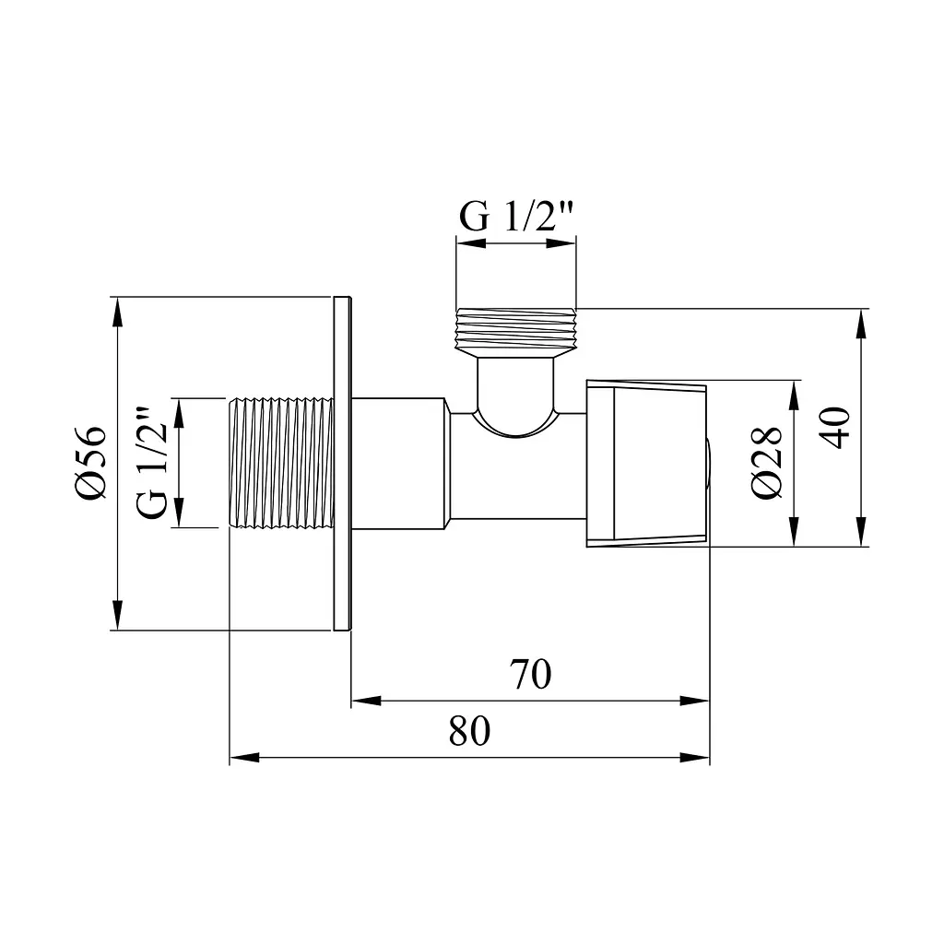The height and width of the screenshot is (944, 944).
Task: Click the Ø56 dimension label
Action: pos(91,463)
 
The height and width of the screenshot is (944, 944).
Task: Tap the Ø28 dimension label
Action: pos(767,463)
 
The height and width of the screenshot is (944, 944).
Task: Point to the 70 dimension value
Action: pos(530,674)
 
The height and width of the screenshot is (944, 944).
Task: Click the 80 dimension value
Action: pos(469,731)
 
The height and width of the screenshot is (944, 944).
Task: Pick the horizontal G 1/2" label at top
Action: pos(516,217)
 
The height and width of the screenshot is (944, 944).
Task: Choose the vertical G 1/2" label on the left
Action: pos(152,464)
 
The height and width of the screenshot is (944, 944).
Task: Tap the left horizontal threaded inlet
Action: pos(282,463)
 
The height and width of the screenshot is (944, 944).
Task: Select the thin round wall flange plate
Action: pos(342,463)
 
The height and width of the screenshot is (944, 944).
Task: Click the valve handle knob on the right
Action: pos(646,463)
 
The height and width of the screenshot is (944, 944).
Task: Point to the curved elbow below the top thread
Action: pos(516,397)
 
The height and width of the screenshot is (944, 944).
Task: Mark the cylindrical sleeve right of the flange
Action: pos(399,463)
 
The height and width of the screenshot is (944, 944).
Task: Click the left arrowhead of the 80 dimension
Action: pos(244,758)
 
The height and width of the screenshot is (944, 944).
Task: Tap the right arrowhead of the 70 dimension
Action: pos(695,701)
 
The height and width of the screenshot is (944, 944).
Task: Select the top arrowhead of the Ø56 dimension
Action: pos(117,312)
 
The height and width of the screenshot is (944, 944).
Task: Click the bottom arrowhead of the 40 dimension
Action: pos(862,532)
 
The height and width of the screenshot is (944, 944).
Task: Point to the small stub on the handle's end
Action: pos(710,463)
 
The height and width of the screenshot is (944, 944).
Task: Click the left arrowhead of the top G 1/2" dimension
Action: pos(471,243)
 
